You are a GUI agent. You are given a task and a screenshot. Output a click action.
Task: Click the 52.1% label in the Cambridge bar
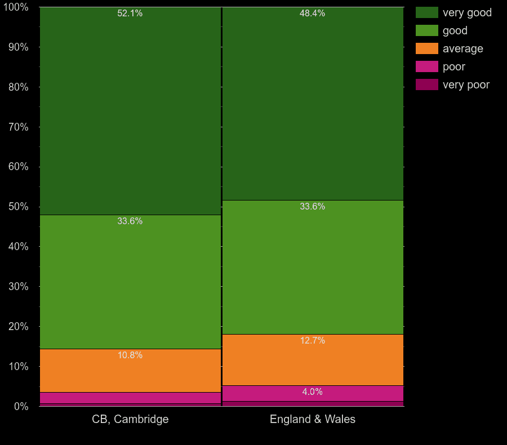pyautogui.click(x=130, y=14)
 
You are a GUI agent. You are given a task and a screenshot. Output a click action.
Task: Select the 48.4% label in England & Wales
pyautogui.click(x=312, y=14)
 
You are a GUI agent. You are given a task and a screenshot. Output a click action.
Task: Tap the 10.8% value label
pyautogui.click(x=130, y=355)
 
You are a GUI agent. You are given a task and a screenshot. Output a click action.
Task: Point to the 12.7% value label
pyautogui.click(x=312, y=341)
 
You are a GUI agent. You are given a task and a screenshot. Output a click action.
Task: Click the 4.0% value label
pyautogui.click(x=312, y=392)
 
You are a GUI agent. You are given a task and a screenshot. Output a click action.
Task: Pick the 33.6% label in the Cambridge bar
pyautogui.click(x=130, y=221)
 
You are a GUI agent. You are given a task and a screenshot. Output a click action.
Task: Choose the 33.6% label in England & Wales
pyautogui.click(x=312, y=207)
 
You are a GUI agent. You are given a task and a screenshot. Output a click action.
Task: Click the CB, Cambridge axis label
pyautogui.click(x=130, y=419)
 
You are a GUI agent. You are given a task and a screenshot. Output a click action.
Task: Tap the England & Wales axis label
pyautogui.click(x=313, y=419)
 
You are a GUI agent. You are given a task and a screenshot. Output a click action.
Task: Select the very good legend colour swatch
pyautogui.click(x=426, y=12)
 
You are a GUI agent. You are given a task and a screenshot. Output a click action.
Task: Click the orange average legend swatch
pyautogui.click(x=426, y=48)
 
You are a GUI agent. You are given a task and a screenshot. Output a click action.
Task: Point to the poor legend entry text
pyautogui.click(x=453, y=66)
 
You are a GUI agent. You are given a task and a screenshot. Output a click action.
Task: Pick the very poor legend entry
pyautogui.click(x=466, y=84)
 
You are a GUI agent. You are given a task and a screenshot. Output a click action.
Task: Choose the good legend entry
pyautogui.click(x=455, y=30)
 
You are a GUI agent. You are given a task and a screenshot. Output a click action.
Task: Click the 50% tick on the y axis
pyautogui.click(x=18, y=207)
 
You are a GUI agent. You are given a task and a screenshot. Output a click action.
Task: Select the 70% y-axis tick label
pyautogui.click(x=18, y=127)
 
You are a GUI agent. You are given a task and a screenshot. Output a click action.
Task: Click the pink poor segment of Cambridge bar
pyautogui.click(x=130, y=398)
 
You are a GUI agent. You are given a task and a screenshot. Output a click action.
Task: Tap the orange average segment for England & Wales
pyautogui.click(x=313, y=360)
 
